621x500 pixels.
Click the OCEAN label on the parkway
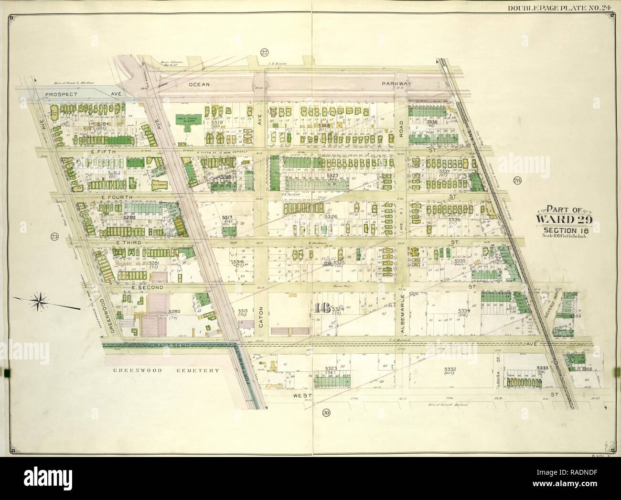(x=199, y=84)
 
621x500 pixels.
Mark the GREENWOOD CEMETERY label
(x=166, y=370)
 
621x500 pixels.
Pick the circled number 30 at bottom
(x=326, y=413)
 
